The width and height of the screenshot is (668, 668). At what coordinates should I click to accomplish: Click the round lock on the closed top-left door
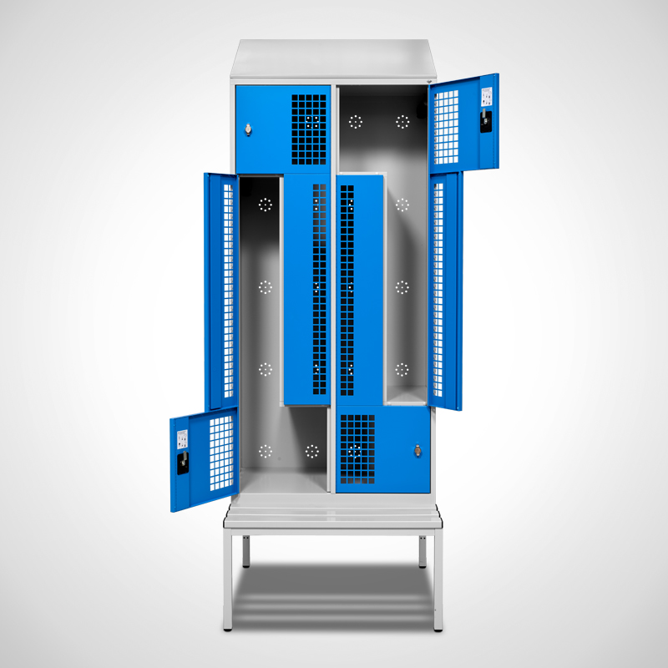click(248, 128)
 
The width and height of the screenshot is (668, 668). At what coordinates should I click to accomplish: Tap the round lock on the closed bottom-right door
click(417, 451)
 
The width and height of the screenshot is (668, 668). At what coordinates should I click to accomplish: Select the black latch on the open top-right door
click(485, 122)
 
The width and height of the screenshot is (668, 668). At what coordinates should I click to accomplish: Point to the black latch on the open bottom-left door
click(182, 462)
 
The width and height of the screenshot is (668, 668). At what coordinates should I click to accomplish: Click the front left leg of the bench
click(228, 584)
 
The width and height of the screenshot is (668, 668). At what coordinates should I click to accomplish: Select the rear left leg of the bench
click(245, 551)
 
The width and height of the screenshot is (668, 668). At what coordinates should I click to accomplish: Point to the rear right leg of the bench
click(423, 551)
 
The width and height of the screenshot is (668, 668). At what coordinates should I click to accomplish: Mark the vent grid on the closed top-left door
click(309, 128)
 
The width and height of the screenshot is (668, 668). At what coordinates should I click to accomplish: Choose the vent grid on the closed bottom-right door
click(357, 450)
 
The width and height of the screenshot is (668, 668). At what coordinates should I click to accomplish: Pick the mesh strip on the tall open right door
click(438, 292)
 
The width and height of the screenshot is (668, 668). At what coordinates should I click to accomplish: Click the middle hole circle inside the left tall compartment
click(266, 287)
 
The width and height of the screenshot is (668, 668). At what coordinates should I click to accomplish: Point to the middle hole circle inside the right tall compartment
click(402, 287)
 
